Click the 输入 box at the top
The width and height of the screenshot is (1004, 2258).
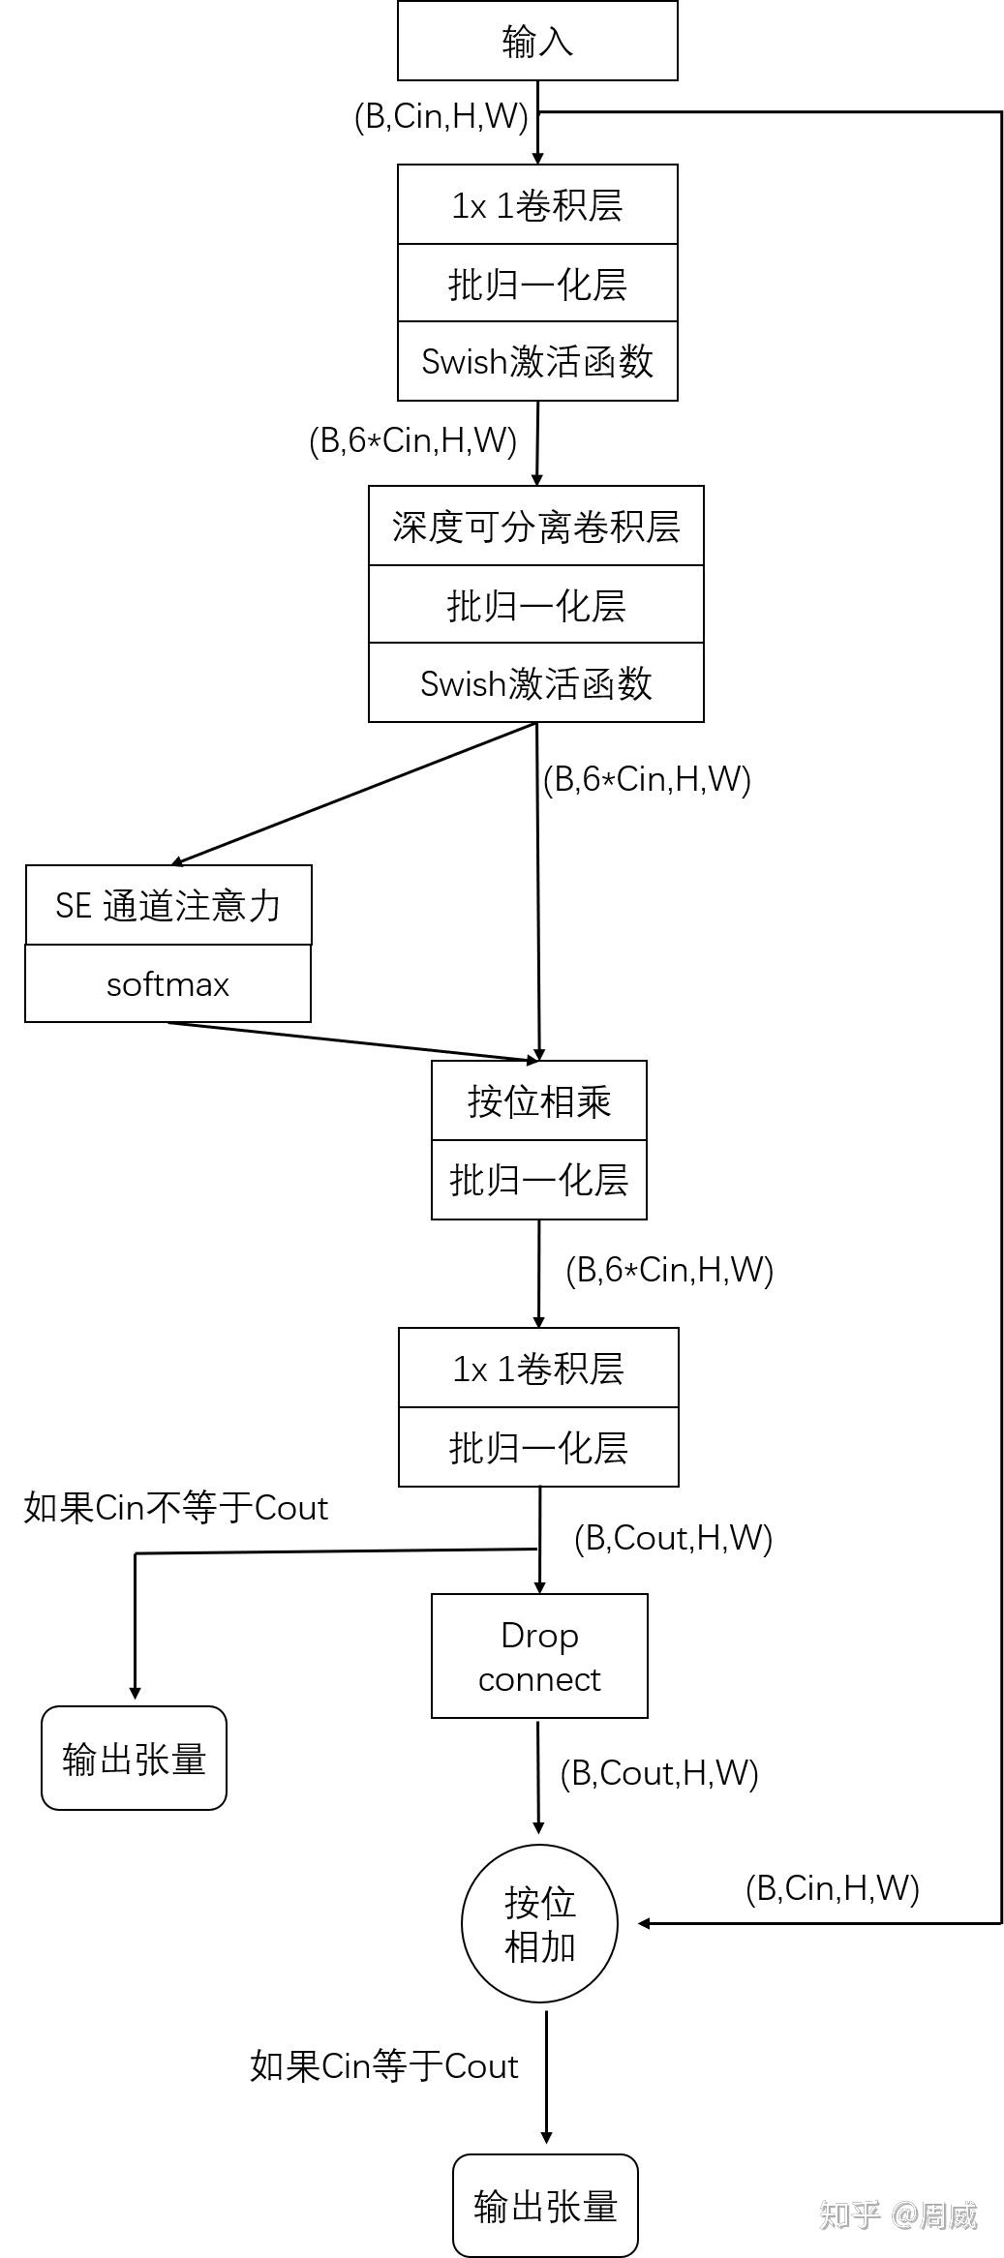coord(537,41)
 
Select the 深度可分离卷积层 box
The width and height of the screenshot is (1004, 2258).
coord(535,527)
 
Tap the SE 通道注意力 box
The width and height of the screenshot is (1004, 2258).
coord(168,906)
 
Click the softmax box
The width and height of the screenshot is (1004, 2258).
coord(168,984)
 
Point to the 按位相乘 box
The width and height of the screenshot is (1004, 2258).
coord(539,1101)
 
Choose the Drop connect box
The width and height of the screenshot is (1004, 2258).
coord(539,1656)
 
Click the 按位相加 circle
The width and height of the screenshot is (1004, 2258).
coord(539,1925)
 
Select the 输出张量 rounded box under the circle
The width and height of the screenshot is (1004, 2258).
coord(545,2206)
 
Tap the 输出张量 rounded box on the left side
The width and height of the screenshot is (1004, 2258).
coord(134,1759)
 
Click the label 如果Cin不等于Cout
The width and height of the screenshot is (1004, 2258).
coord(175,1508)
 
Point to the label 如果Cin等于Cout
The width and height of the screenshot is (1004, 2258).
coord(383,2066)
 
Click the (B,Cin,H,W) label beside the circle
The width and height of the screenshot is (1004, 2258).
coord(832,1888)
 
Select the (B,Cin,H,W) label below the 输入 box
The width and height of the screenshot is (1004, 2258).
coord(441,117)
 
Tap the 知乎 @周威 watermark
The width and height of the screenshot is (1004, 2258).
coord(898,2214)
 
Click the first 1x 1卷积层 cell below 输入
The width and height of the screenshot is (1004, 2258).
coord(537,205)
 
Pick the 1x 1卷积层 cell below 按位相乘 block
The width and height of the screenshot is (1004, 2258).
coord(538,1369)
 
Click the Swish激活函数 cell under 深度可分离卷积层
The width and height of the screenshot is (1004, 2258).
coord(535,683)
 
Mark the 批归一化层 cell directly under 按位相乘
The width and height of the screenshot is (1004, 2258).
coord(539,1180)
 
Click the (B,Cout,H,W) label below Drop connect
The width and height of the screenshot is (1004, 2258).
coord(658,1773)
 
